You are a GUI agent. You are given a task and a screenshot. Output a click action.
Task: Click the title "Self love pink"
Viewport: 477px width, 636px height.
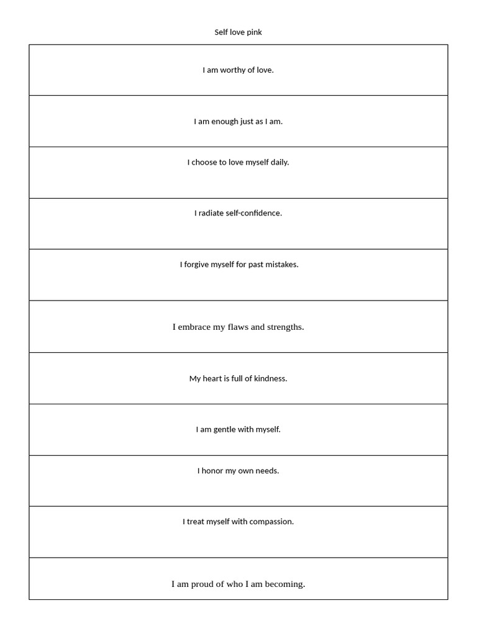point(238,32)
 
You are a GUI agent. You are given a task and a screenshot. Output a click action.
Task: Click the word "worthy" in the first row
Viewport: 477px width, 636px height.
point(233,70)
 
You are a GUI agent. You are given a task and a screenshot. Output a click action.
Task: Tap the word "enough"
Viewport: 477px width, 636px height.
point(224,122)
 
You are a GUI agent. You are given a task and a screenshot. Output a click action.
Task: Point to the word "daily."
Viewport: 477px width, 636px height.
point(279,163)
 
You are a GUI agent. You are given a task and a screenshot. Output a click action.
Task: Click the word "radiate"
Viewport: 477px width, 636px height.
point(211,213)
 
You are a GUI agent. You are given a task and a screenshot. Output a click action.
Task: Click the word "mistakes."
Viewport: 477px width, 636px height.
point(282,265)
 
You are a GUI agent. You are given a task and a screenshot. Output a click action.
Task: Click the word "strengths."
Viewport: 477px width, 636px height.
point(286,327)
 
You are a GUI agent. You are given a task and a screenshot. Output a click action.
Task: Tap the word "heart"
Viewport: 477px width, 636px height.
point(212,378)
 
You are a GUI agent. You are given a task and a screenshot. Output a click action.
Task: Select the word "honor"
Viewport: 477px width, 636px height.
point(211,471)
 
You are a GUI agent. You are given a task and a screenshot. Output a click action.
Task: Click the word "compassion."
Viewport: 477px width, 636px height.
point(271,522)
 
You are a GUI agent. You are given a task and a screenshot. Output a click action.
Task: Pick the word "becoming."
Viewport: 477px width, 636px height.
point(285,584)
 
